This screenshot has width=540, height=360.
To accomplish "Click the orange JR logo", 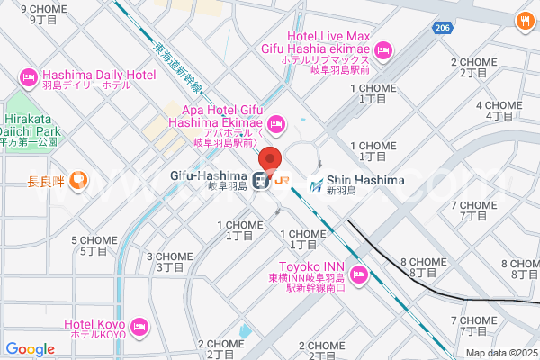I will [283, 180].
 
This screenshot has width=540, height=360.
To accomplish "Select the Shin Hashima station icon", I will [317, 185].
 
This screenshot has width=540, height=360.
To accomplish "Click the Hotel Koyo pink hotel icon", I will [139, 325].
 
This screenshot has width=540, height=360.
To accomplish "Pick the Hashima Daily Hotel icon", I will [27, 74].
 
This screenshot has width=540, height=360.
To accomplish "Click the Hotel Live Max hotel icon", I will [384, 49].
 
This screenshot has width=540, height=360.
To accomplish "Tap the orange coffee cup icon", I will [78, 180].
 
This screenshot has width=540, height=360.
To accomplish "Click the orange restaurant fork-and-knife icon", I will [523, 20].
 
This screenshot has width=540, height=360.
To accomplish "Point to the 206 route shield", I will [440, 29].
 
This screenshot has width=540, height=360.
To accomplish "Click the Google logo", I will [30, 349].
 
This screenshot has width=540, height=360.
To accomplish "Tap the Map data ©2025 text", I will [500, 352].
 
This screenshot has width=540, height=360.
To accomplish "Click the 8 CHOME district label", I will [423, 266].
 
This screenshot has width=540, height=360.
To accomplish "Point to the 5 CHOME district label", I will [94, 245].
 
